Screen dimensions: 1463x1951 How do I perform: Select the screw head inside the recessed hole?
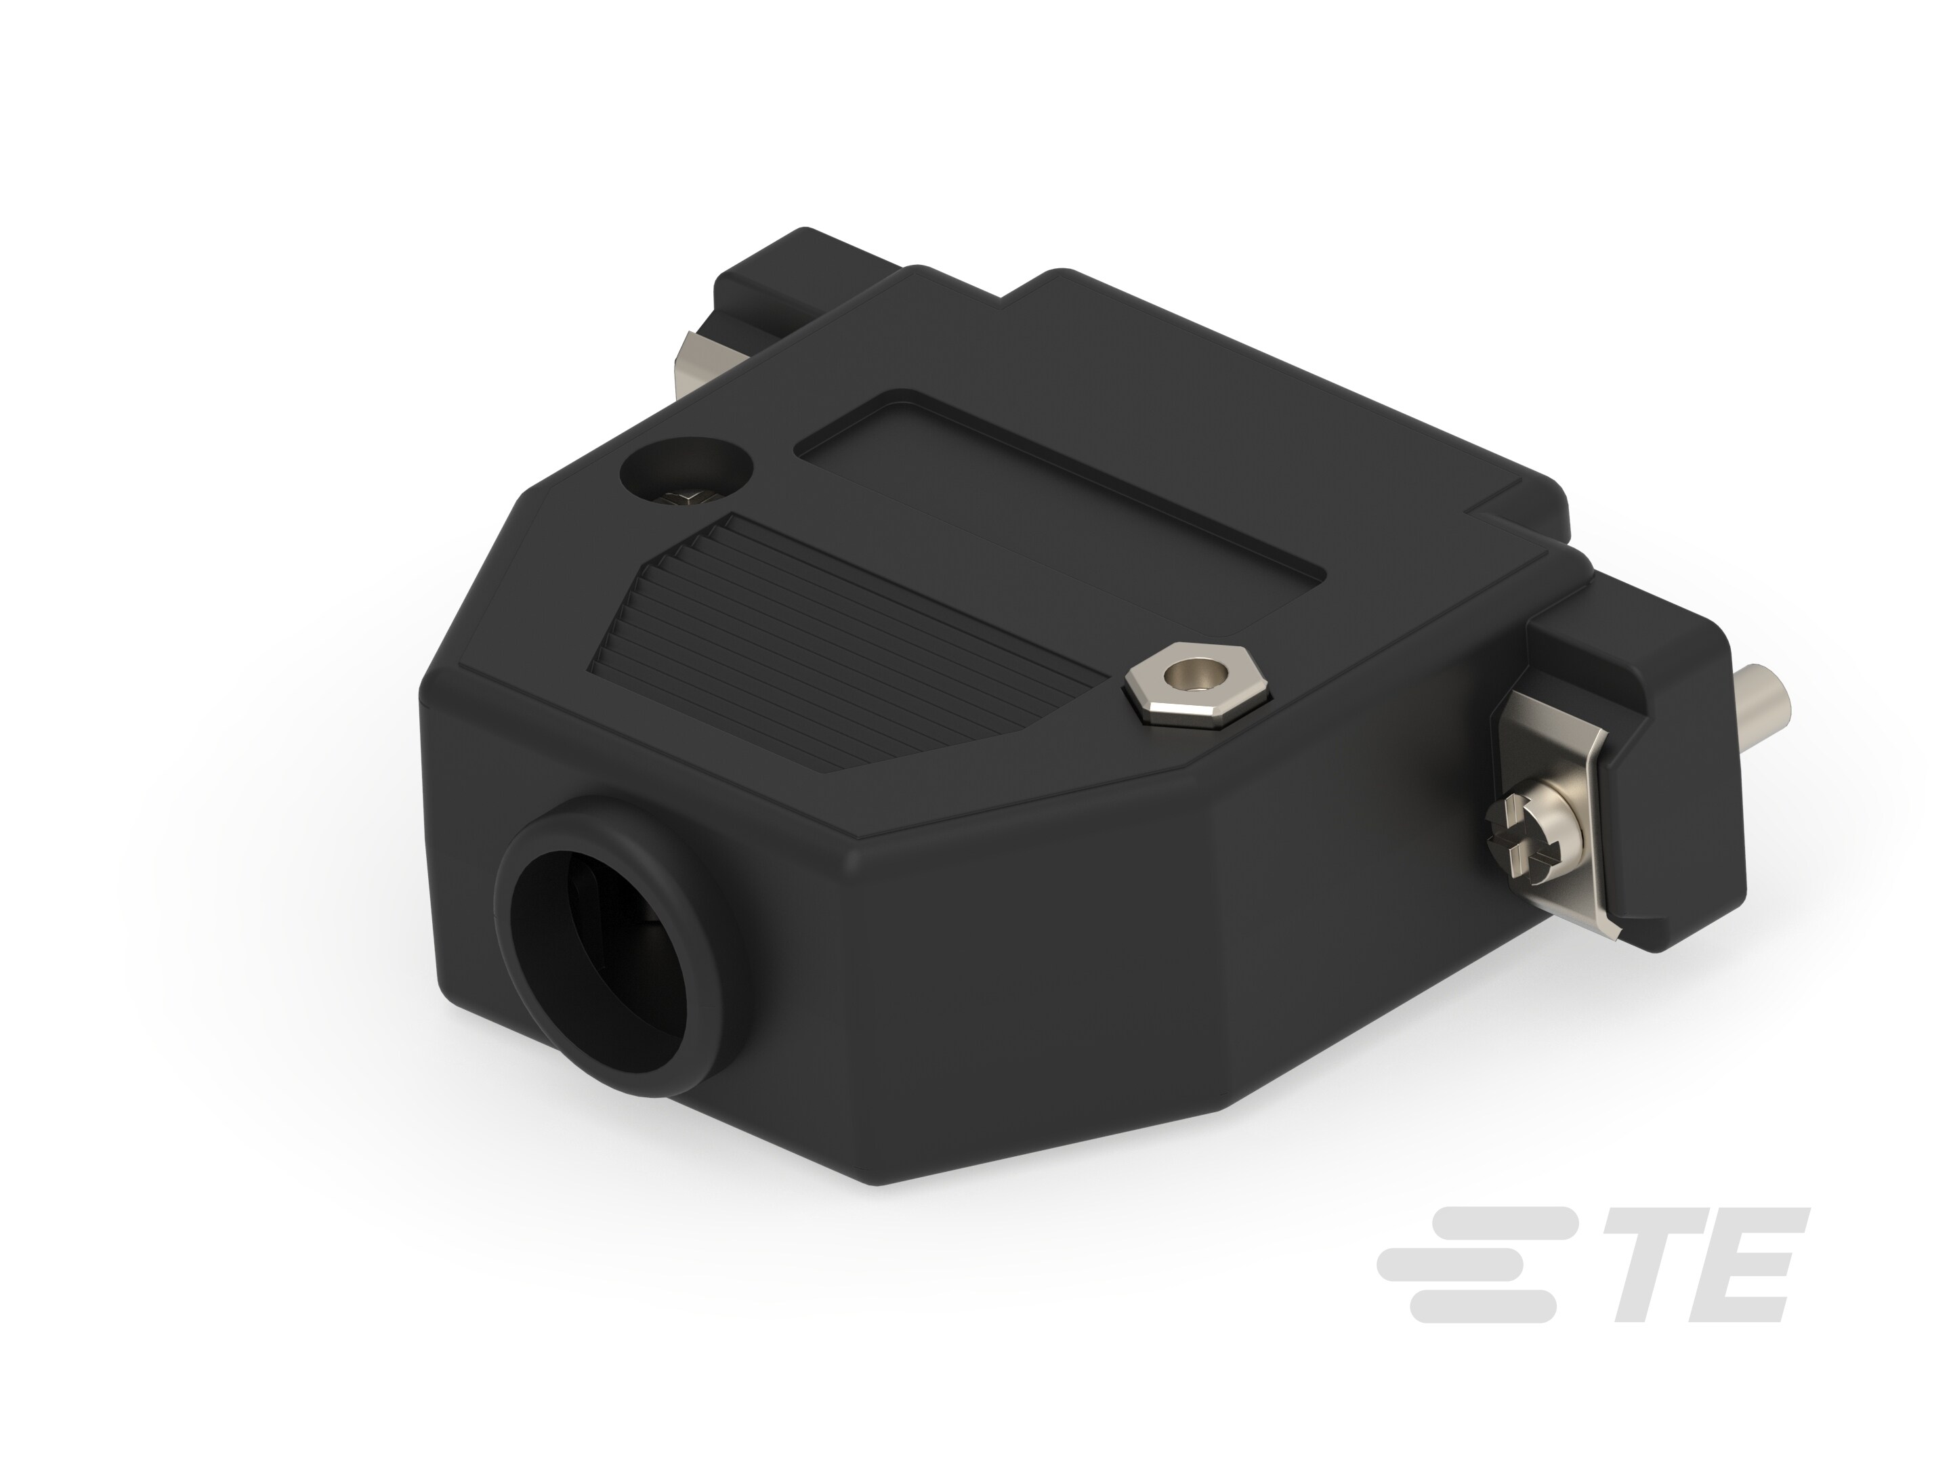686,499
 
